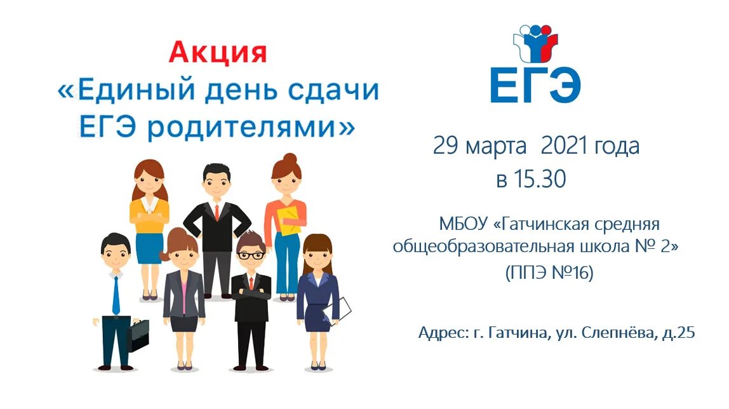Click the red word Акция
[218, 52]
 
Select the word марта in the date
[496, 147]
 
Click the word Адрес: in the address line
[443, 332]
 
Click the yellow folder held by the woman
[290, 220]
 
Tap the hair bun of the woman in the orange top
[290, 158]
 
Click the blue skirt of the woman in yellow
[149, 248]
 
